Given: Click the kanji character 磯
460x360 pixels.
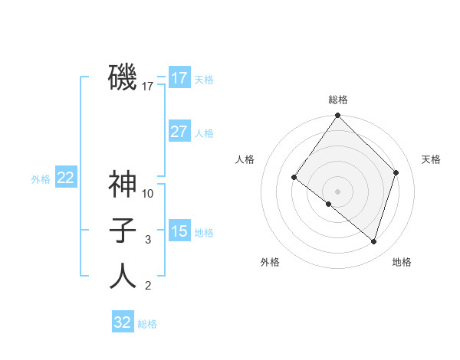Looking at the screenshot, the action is coord(123,77).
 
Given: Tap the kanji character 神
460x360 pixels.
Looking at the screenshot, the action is coord(123,185).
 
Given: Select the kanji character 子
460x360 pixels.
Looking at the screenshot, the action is coord(123,231).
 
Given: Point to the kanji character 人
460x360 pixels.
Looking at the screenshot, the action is coord(123,277).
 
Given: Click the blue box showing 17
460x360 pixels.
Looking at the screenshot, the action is coord(179,78).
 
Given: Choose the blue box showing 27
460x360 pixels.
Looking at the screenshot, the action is coord(179,132).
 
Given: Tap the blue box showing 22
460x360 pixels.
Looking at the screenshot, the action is coord(66,178).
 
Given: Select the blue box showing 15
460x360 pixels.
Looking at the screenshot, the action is coord(179,231).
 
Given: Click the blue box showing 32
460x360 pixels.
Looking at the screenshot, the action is coord(123,322).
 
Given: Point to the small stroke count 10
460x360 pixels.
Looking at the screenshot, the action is coord(149,194).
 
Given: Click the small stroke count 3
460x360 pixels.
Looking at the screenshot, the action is coord(149,240).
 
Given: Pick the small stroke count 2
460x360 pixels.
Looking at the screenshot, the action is coord(149,286).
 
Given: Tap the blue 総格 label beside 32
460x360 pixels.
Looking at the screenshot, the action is coord(147,324).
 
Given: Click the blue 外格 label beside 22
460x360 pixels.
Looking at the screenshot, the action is coord(41,179).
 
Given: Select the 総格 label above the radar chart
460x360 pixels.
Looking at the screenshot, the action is coord(338,100).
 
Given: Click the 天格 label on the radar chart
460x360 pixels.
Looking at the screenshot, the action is coord(431,159).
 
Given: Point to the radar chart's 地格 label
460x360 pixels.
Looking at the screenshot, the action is coord(402,262).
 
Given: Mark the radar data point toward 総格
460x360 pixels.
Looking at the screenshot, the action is coord(338,116).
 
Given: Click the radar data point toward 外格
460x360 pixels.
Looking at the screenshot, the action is coord(329,204).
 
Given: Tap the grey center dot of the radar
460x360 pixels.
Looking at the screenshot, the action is coord(338,191).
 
